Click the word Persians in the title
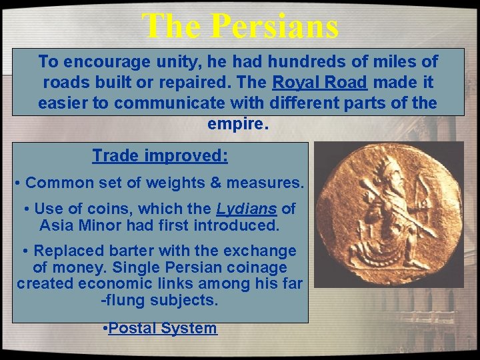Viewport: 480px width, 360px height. [x=275, y=27]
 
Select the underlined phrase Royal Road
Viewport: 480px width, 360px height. [x=320, y=83]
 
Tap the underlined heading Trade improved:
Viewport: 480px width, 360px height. [x=160, y=156]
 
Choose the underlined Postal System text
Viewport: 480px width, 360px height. [x=163, y=328]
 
